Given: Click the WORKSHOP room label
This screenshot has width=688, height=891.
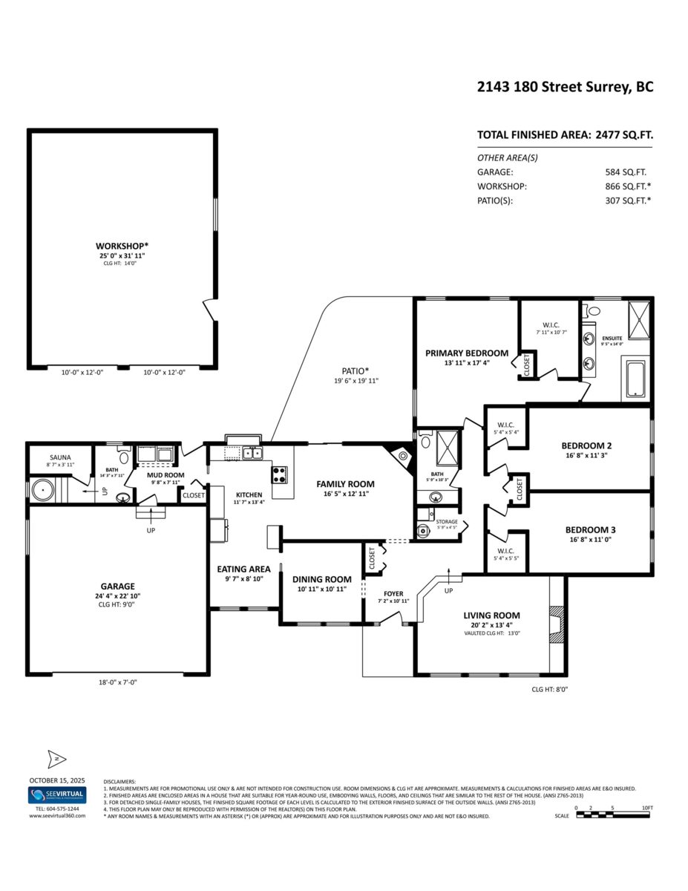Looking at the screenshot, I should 122,246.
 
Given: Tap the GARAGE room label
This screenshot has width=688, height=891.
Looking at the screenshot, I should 118,586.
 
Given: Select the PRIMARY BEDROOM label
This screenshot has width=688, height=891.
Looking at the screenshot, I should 466,353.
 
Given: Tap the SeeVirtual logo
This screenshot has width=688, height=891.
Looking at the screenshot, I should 57,795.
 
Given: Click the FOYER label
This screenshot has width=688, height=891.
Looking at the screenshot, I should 393,594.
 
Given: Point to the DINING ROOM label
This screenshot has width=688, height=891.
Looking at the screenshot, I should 321,579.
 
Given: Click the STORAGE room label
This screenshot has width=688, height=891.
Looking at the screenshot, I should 447,521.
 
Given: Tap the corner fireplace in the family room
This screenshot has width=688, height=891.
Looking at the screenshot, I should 401,457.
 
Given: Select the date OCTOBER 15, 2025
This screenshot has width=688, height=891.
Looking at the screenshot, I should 57,780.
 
